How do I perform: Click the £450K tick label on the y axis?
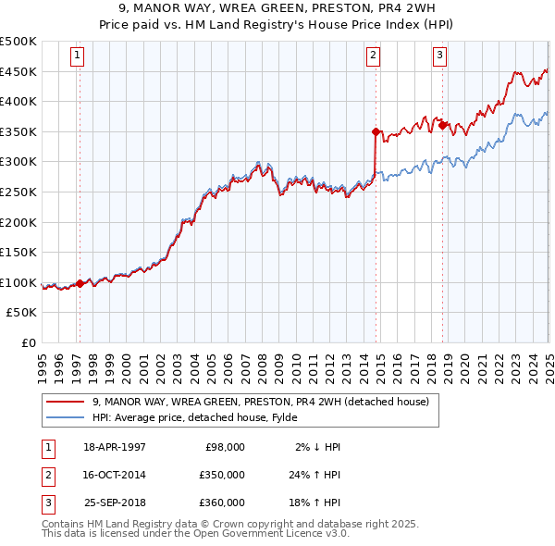click(18, 71)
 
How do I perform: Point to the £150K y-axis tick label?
click(18, 252)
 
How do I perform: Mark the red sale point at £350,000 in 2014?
click(376, 132)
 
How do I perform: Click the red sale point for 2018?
click(443, 126)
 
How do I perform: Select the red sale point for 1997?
click(80, 283)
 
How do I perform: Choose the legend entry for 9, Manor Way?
click(260, 403)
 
